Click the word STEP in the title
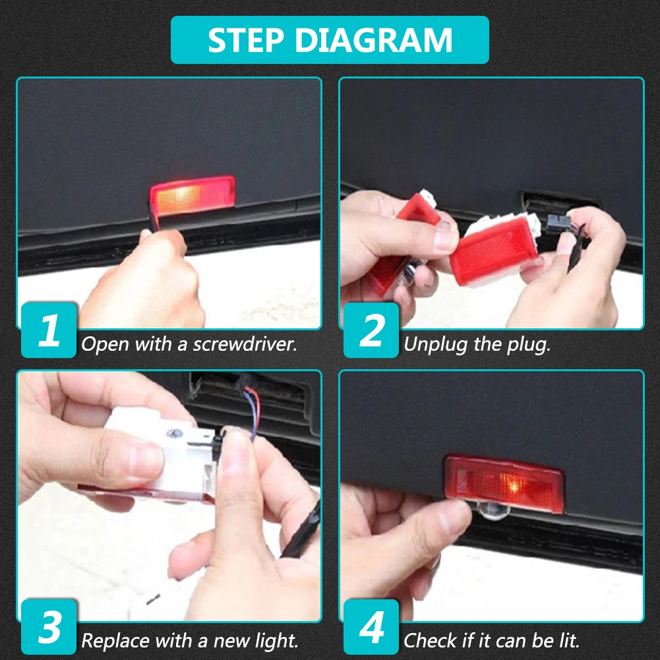[246, 40]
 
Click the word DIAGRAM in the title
[374, 40]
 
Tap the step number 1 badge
[49, 330]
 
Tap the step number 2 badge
[371, 330]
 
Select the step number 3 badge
[49, 627]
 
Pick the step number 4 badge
[371, 627]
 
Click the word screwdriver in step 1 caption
[245, 344]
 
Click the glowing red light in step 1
[193, 196]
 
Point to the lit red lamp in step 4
[504, 484]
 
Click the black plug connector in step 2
[558, 222]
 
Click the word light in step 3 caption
[276, 642]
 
